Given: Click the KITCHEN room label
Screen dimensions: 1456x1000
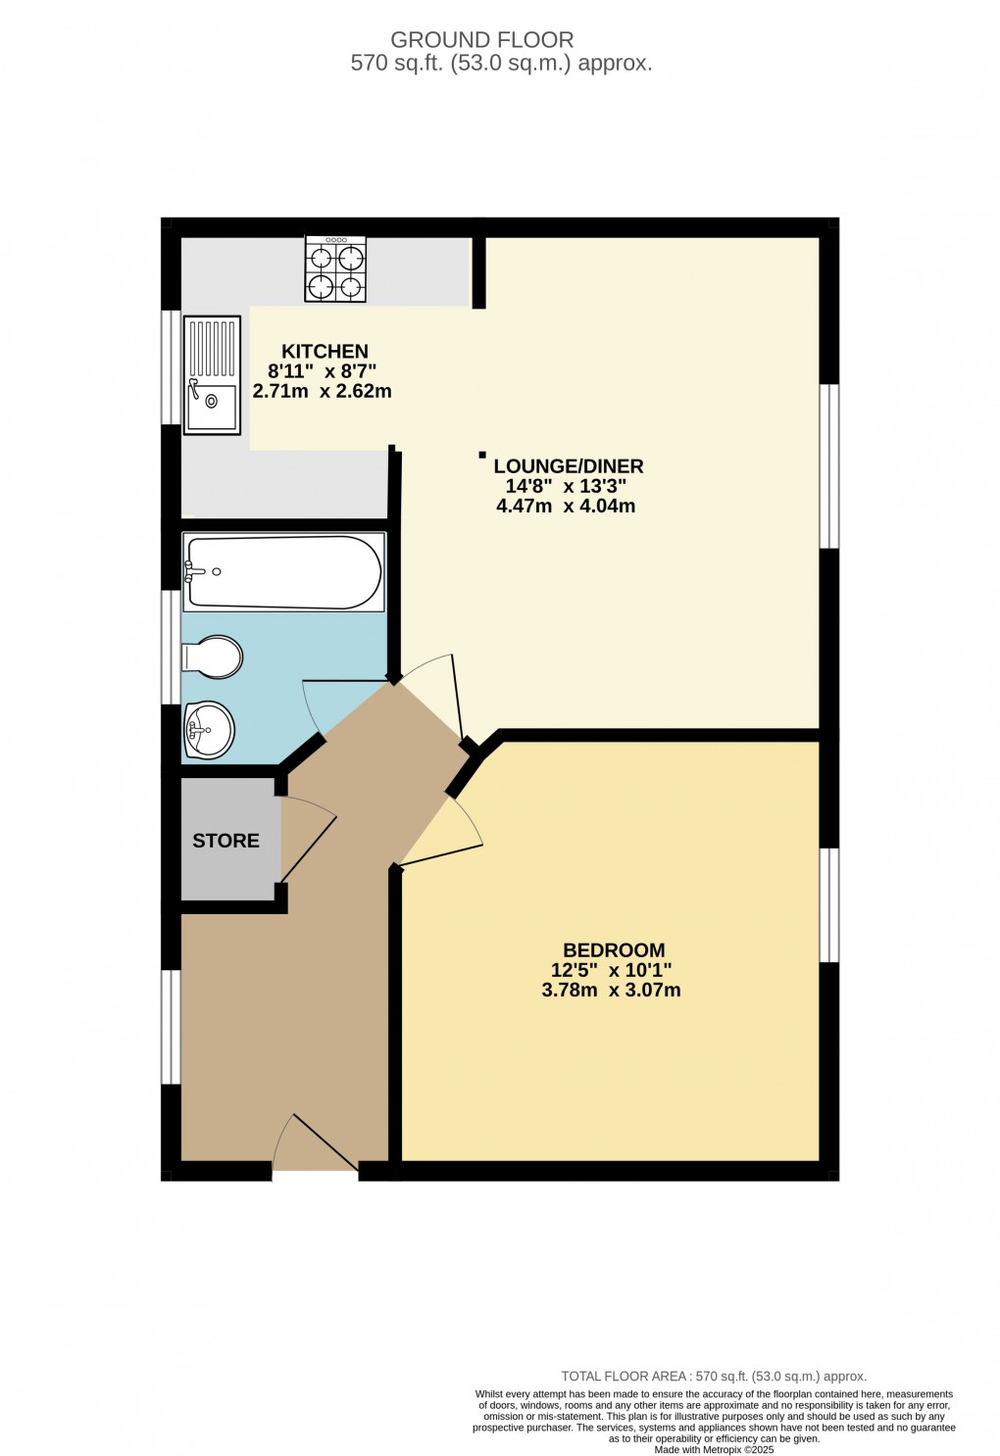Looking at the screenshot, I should [325, 352].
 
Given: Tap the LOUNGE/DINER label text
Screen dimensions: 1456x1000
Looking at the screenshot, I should [568, 466].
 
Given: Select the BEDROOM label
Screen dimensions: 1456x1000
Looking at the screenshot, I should [614, 950].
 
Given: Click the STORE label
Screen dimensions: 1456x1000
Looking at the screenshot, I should [225, 841].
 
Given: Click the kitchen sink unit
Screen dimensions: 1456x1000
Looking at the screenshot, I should [212, 374].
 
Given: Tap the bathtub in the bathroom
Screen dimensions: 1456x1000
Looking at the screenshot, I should [282, 572].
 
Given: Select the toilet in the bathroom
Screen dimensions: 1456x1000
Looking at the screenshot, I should [213, 657].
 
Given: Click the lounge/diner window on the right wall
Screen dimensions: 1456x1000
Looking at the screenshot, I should [829, 465].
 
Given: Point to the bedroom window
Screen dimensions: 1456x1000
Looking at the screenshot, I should [829, 905].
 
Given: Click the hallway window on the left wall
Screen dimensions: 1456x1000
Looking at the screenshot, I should [171, 1027].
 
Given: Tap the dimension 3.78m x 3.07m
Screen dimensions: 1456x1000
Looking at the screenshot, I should [611, 991].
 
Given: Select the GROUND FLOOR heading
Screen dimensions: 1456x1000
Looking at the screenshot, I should [481, 40].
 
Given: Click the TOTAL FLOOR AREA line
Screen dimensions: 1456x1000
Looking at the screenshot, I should [714, 1377].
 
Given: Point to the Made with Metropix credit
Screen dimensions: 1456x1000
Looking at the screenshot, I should [714, 1450].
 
